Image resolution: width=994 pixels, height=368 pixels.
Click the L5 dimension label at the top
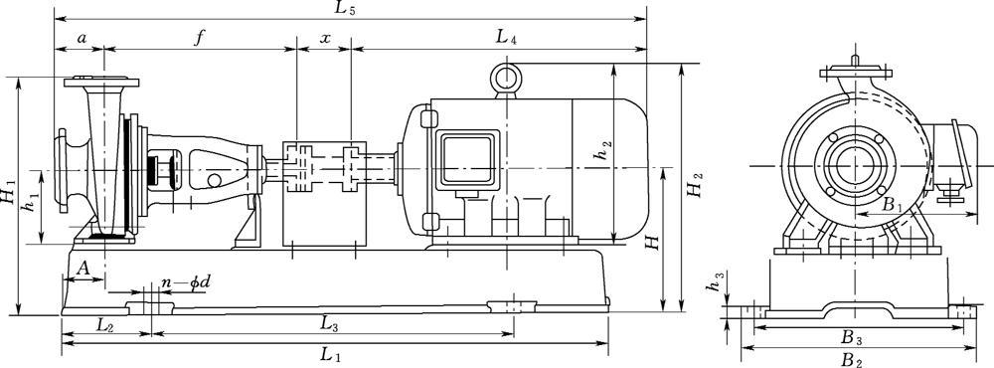tap(346, 8)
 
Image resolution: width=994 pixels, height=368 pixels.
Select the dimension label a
tap(82, 38)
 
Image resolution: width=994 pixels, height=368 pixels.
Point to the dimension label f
tap(200, 38)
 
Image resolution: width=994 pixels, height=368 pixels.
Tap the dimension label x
tap(325, 38)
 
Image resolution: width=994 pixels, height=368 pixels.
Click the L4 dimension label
tap(506, 38)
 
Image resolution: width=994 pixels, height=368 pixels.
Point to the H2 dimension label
tap(696, 184)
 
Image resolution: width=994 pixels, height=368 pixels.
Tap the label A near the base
tap(83, 269)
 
